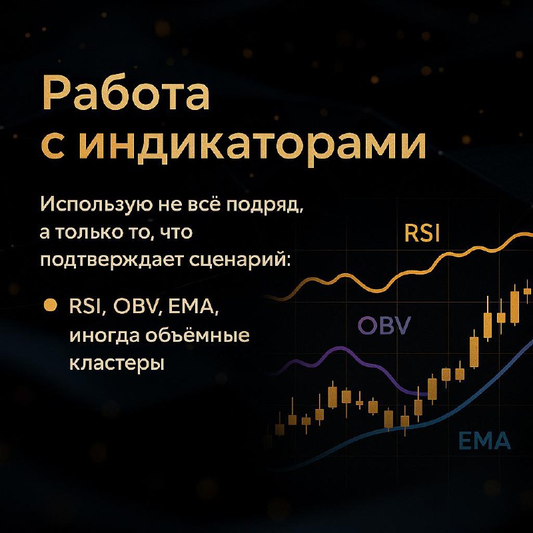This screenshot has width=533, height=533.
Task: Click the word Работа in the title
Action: pyautogui.click(x=126, y=93)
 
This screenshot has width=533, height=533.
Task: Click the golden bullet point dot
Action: pyautogui.click(x=51, y=305)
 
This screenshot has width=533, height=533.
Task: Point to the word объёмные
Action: pyautogui.click(x=198, y=335)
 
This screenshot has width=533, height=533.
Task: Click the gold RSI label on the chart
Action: pyautogui.click(x=422, y=233)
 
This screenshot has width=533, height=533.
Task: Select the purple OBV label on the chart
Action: pyautogui.click(x=384, y=325)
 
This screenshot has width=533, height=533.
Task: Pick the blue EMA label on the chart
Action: pyautogui.click(x=484, y=440)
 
